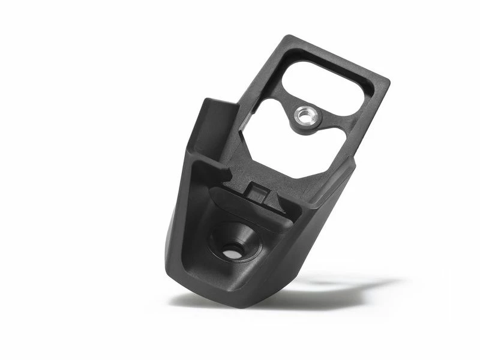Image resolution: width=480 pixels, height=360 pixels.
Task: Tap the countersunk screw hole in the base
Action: click(x=232, y=253)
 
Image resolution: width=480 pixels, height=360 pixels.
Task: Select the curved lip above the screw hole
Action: click(x=246, y=207)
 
